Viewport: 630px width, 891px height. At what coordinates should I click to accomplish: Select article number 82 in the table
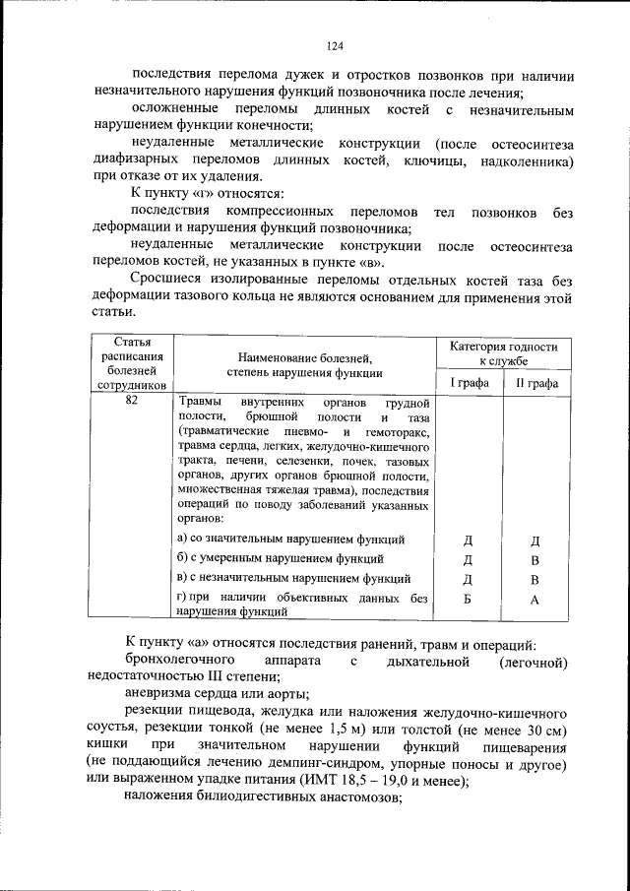click(x=131, y=403)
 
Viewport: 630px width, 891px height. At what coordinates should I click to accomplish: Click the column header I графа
click(x=470, y=383)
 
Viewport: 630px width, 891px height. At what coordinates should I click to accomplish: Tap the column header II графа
click(x=536, y=383)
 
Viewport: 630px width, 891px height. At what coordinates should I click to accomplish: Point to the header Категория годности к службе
click(x=503, y=354)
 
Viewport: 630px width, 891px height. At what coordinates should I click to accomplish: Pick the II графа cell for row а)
click(x=535, y=541)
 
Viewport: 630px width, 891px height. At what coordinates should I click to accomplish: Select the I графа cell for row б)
click(x=469, y=559)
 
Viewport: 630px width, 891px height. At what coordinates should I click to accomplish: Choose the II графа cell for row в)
click(x=535, y=579)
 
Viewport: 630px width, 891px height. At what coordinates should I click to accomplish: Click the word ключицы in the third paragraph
click(x=429, y=160)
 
